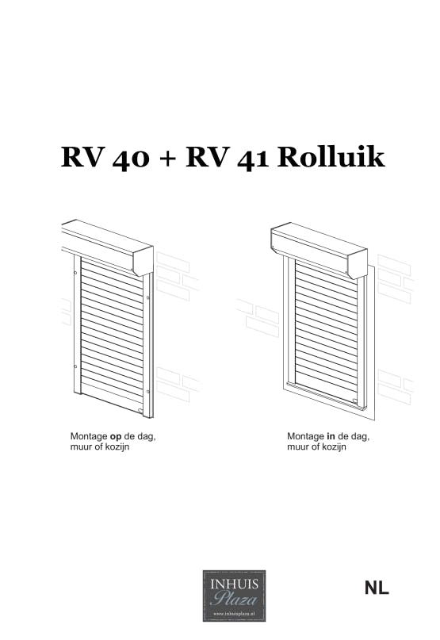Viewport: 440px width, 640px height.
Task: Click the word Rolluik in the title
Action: pyautogui.click(x=331, y=157)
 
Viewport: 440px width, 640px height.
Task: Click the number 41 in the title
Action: pyautogui.click(x=252, y=158)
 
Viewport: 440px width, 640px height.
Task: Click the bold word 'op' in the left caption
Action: pyautogui.click(x=116, y=437)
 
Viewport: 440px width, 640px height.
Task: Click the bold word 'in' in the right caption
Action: pyautogui.click(x=331, y=436)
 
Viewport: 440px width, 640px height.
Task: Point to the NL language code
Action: pyautogui.click(x=377, y=588)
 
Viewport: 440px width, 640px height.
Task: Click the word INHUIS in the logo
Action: pyautogui.click(x=235, y=584)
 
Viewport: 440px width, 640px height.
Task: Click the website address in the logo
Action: pyautogui.click(x=235, y=613)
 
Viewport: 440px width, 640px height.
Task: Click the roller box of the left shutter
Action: pyautogui.click(x=107, y=246)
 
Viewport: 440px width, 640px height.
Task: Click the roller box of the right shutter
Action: pyautogui.click(x=319, y=249)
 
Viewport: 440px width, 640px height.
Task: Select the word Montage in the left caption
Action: pyautogui.click(x=89, y=436)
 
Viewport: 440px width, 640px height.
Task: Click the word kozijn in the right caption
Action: pyautogui.click(x=332, y=447)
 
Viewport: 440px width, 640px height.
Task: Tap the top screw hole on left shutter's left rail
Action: pyautogui.click(x=75, y=272)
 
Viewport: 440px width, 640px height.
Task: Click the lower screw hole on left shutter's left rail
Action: pyautogui.click(x=75, y=366)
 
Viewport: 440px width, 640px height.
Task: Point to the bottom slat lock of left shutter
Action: pyautogui.click(x=140, y=410)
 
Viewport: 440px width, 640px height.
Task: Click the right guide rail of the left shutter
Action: pyautogui.click(x=148, y=346)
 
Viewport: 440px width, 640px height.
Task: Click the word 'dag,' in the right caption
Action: pyautogui.click(x=360, y=437)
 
